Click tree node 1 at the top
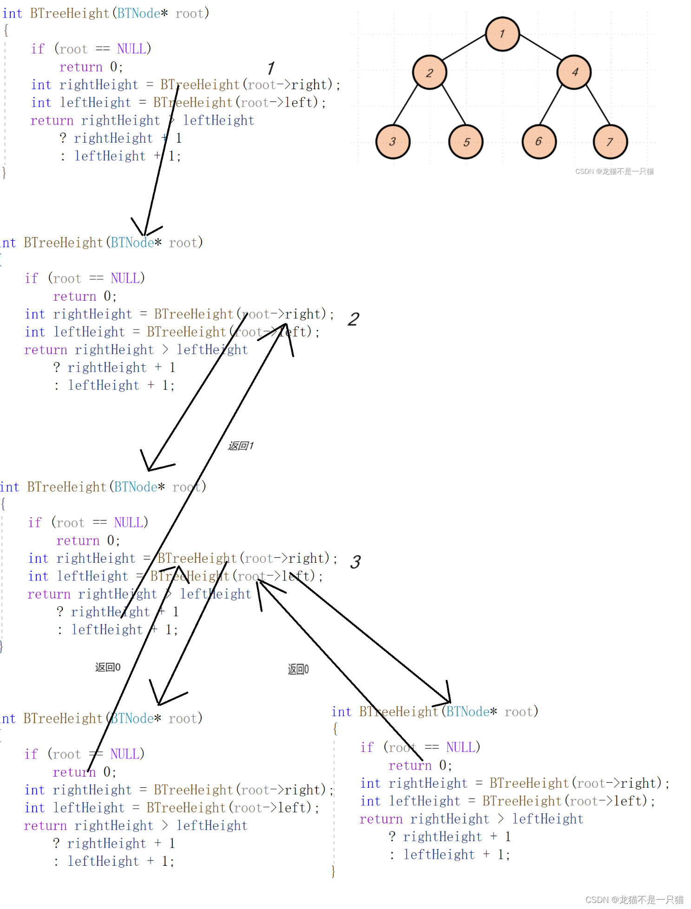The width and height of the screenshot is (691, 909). click(502, 34)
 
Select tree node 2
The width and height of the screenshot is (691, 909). click(429, 72)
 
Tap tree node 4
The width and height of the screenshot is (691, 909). click(574, 72)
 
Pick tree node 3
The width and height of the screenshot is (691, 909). click(393, 142)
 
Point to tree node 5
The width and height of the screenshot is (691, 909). click(466, 142)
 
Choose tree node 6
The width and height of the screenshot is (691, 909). click(539, 141)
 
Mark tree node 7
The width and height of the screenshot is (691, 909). click(610, 142)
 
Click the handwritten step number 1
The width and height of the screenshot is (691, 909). click(271, 68)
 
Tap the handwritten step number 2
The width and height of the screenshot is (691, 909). click(353, 319)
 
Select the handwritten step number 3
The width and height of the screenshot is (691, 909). click(355, 562)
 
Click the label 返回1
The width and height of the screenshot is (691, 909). click(241, 446)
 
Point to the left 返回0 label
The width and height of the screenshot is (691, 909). click(108, 667)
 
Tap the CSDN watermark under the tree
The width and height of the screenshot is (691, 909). click(614, 171)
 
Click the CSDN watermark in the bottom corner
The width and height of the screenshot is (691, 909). click(634, 900)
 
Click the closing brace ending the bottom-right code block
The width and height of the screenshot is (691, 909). click(333, 871)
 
